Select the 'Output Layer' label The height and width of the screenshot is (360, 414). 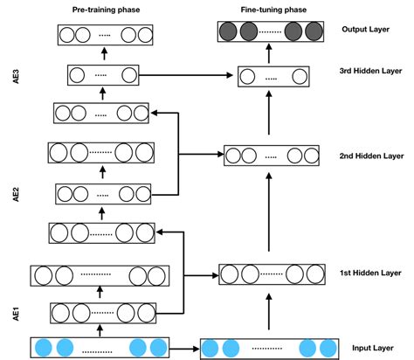point(364,30)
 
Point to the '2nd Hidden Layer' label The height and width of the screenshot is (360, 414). point(370,157)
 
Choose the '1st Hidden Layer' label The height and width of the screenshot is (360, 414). point(371,273)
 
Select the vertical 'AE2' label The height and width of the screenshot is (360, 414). point(16,194)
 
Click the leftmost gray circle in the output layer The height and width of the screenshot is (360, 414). point(230,34)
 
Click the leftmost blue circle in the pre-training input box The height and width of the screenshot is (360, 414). point(42,348)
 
